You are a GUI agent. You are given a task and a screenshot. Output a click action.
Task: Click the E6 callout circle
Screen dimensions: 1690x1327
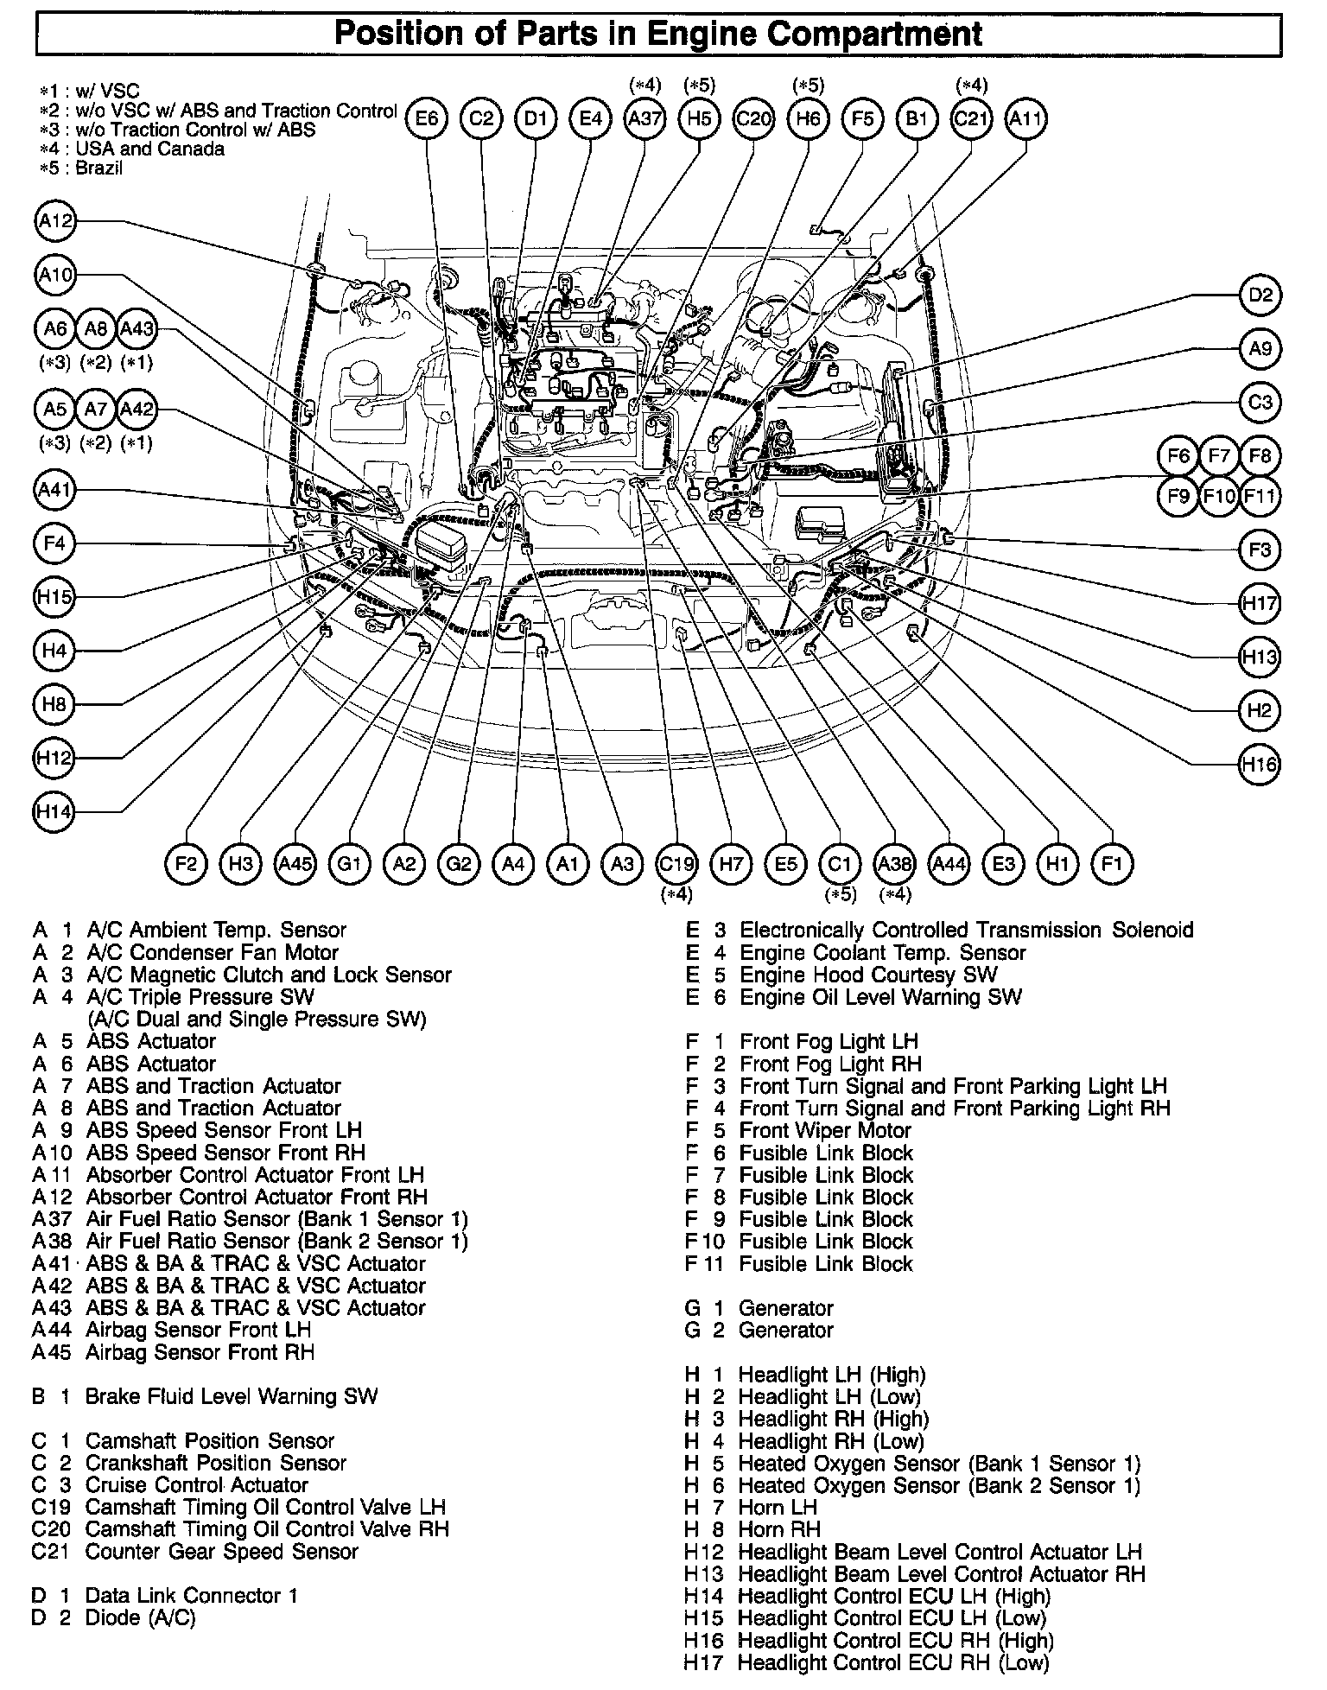[427, 118]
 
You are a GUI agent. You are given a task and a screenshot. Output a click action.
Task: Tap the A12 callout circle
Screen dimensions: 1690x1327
[56, 222]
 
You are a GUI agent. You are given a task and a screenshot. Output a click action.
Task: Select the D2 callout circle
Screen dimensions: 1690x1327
[1260, 295]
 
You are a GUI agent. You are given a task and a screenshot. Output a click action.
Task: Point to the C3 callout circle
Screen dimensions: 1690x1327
[1260, 402]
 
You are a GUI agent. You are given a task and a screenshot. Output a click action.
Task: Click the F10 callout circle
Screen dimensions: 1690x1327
[1220, 497]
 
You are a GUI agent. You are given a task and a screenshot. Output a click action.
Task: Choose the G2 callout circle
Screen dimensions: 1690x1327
[459, 863]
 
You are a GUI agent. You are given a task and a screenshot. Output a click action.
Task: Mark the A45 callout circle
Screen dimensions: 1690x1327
[295, 863]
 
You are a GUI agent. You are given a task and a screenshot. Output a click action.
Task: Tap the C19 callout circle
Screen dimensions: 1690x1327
[677, 863]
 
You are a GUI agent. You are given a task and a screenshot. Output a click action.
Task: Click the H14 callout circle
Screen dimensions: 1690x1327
[54, 812]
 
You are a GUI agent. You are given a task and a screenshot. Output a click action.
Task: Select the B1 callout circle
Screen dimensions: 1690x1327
[916, 118]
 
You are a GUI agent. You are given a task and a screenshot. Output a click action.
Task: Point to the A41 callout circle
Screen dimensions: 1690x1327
[54, 491]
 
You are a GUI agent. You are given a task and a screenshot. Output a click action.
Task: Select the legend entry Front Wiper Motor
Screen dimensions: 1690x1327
[824, 1130]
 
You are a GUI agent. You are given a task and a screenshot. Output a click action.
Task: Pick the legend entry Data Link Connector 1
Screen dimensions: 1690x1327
[191, 1595]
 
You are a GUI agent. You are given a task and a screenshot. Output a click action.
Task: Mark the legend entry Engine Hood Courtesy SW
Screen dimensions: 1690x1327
[868, 975]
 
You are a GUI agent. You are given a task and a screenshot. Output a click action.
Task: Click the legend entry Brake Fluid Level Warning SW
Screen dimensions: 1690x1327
[231, 1396]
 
